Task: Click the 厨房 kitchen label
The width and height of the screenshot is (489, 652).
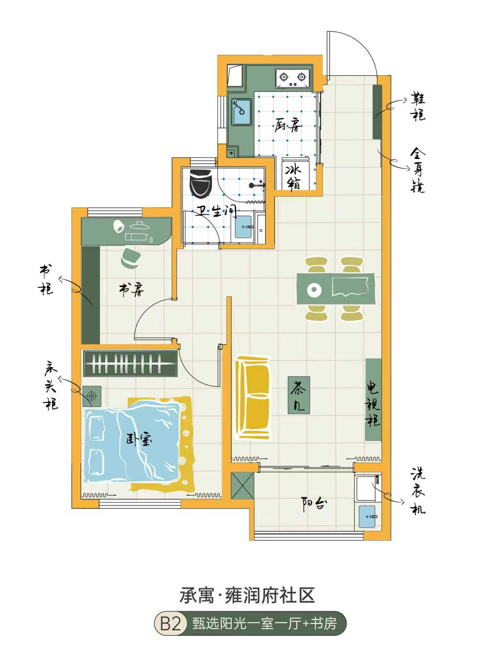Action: click(x=288, y=125)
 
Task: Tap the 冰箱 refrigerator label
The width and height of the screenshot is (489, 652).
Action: click(x=294, y=177)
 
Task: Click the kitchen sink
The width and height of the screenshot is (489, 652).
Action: click(x=241, y=112)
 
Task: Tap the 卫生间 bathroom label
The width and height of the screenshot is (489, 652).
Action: click(x=217, y=211)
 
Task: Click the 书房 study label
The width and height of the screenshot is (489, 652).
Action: click(x=132, y=290)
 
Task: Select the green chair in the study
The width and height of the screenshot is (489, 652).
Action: click(x=130, y=258)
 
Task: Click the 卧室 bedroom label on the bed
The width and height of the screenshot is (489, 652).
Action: click(x=139, y=439)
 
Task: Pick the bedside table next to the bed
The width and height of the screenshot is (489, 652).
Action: click(x=92, y=395)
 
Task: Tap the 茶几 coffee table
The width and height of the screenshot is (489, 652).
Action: click(x=299, y=395)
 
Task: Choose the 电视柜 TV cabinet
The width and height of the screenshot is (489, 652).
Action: click(x=373, y=400)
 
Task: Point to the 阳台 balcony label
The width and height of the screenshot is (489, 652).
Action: click(x=314, y=504)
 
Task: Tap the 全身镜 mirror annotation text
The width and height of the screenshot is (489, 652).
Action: click(x=418, y=170)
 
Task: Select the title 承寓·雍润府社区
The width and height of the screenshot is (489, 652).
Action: click(x=247, y=595)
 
